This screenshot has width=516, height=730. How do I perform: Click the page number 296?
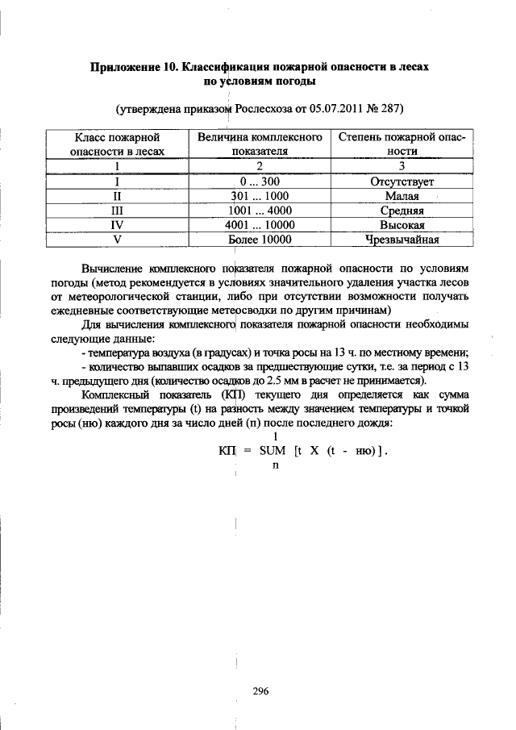tap(259, 690)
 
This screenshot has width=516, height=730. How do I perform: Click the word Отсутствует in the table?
tap(402, 181)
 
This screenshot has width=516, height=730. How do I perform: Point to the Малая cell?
tap(402, 196)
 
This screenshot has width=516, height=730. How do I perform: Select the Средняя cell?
tap(402, 211)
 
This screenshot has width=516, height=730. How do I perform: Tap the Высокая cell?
tap(402, 225)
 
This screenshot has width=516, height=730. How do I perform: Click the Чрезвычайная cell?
tap(402, 240)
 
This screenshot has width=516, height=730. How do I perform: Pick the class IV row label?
tap(117, 225)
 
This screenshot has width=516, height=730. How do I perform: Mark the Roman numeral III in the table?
tap(117, 211)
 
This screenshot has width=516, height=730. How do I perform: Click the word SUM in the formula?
tap(274, 452)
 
